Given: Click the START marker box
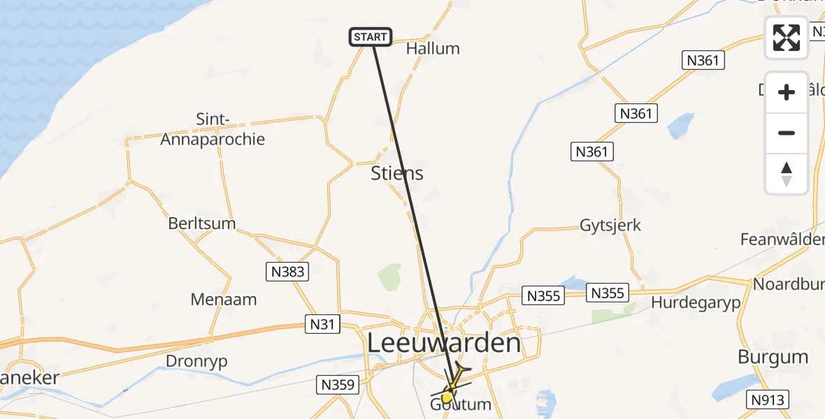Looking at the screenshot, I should pos(371,37).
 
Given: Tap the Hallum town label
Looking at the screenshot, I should pos(433,49).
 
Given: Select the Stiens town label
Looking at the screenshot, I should pos(397,173).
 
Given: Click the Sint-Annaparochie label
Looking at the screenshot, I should pos(213,130).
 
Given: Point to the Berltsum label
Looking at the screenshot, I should pos(201,224).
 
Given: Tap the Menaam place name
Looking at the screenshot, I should pos(224,300).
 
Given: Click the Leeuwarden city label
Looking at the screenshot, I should pos(445,344).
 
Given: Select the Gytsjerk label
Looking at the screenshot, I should pos(610,226).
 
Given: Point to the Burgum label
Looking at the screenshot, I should pos(773,357).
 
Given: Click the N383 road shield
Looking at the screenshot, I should pos(287,271).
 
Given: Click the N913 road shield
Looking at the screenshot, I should pos(768,399).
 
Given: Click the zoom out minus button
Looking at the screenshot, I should pos(787,133).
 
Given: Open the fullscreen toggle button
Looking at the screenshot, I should pos(787,38).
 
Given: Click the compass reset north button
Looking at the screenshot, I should pos(787,174).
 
